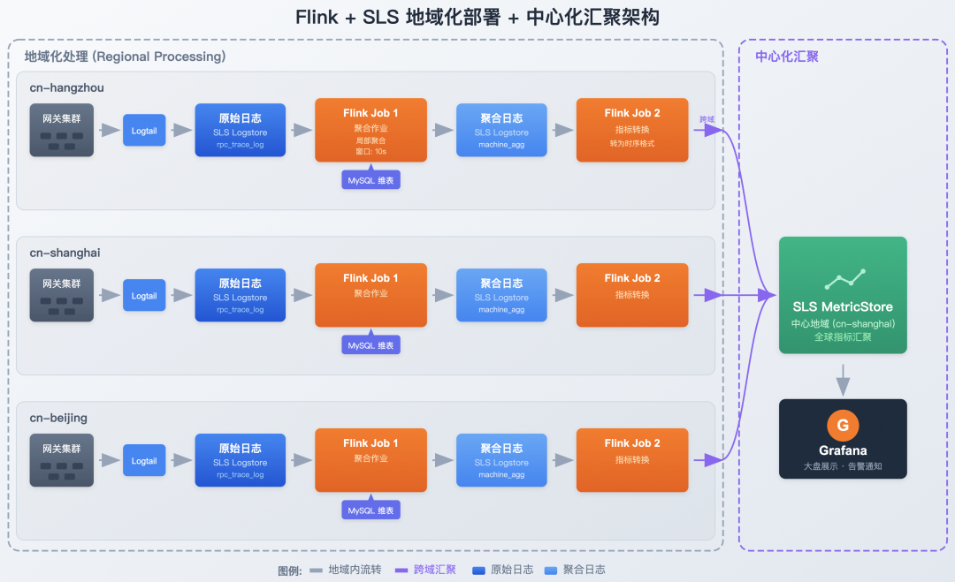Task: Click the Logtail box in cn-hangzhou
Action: point(144,131)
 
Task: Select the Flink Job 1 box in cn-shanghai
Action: point(371,295)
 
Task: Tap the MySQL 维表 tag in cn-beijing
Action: point(371,510)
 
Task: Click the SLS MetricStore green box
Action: point(843,295)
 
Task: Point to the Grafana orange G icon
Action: point(843,426)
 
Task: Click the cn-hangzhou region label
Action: point(67,87)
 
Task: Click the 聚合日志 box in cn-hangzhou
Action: point(501,130)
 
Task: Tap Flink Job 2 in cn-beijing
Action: point(632,460)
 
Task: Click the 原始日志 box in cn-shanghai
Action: point(240,295)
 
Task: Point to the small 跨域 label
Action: point(707,119)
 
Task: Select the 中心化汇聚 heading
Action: point(787,57)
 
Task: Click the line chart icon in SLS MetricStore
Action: point(844,280)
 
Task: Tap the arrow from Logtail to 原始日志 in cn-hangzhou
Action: point(180,131)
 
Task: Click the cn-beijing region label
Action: point(58,418)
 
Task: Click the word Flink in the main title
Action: point(317,18)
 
